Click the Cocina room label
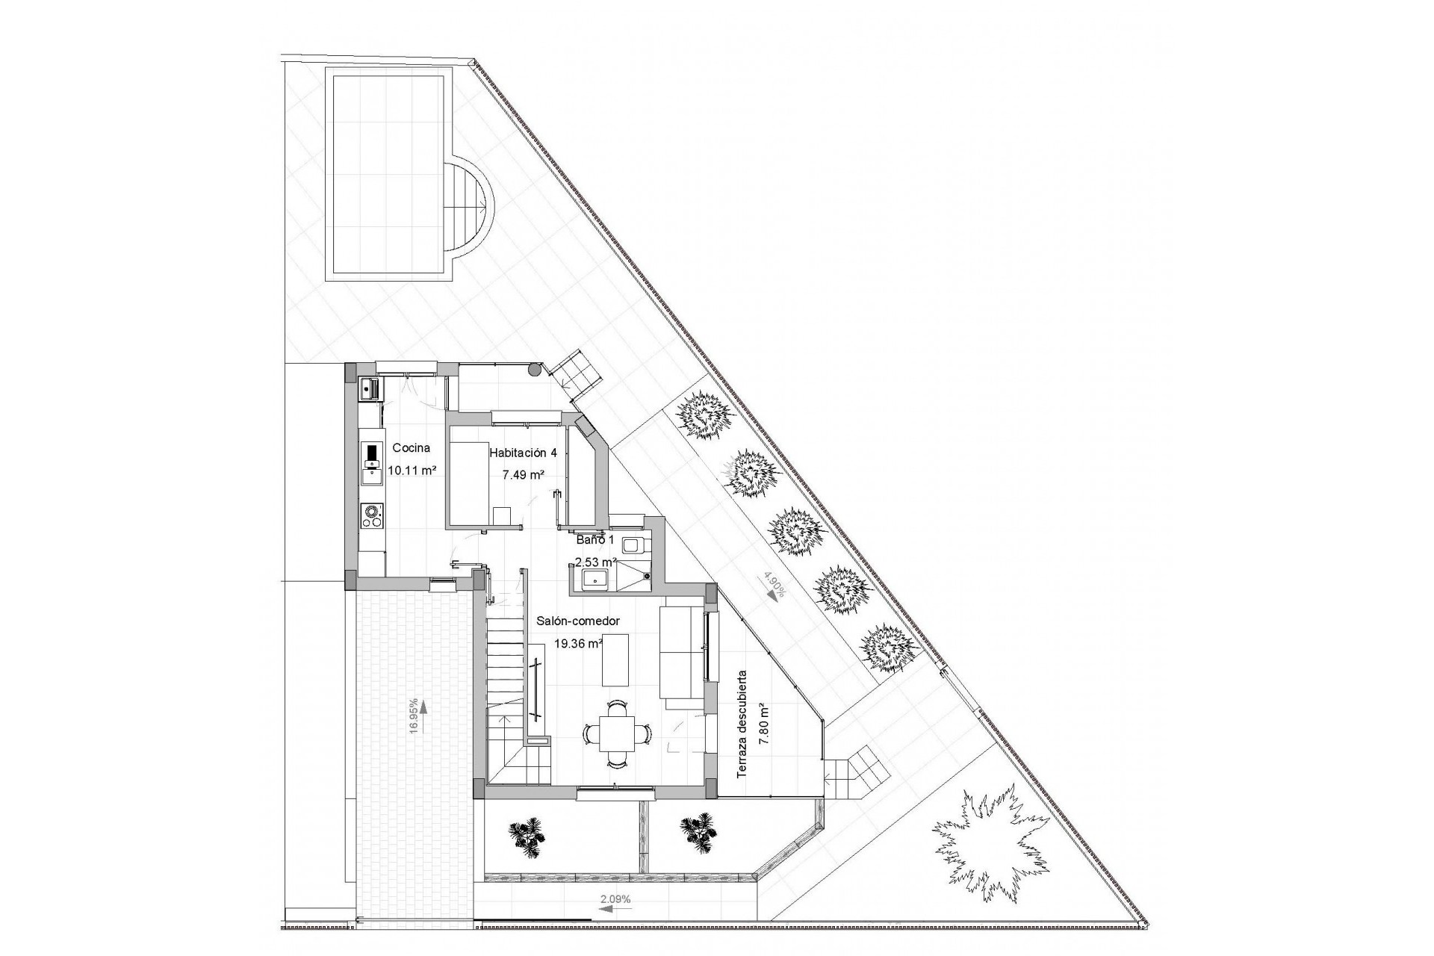pyautogui.click(x=411, y=448)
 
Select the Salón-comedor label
pyautogui.click(x=578, y=621)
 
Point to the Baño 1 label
pyautogui.click(x=595, y=539)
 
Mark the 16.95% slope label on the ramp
pyautogui.click(x=413, y=717)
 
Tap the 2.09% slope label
pyautogui.click(x=615, y=899)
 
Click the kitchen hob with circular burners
pyautogui.click(x=371, y=515)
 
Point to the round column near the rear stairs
pyautogui.click(x=534, y=369)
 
